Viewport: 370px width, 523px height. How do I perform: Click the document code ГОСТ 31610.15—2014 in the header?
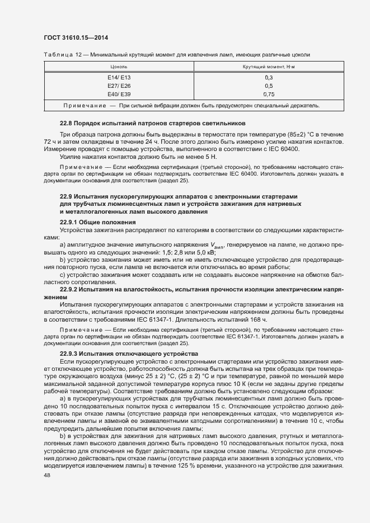pyautogui.click(x=76, y=37)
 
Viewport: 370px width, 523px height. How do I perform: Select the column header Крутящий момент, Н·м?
pyautogui.click(x=269, y=67)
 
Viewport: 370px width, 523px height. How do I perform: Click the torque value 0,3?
pyautogui.click(x=269, y=77)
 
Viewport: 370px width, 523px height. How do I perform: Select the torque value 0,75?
pyautogui.click(x=269, y=95)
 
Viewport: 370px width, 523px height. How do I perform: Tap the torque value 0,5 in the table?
pyautogui.click(x=269, y=86)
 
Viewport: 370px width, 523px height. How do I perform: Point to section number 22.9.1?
pyautogui.click(x=69, y=223)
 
